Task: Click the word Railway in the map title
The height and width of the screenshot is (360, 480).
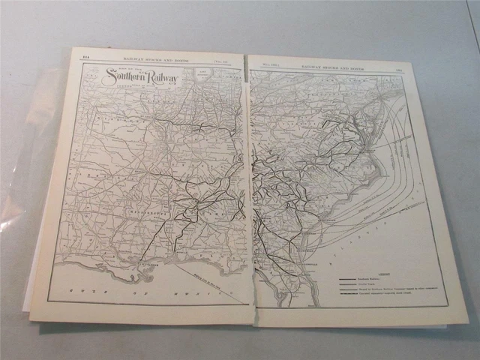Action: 162,76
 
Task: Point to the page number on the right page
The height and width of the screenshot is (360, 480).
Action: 396,67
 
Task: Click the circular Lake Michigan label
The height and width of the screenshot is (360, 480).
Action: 202,73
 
